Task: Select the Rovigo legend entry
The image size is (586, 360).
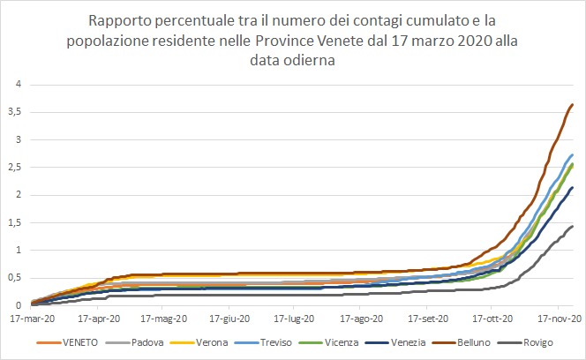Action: tap(538, 341)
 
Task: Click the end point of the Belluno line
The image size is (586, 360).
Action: tap(573, 104)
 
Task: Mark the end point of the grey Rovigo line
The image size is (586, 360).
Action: tap(573, 226)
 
